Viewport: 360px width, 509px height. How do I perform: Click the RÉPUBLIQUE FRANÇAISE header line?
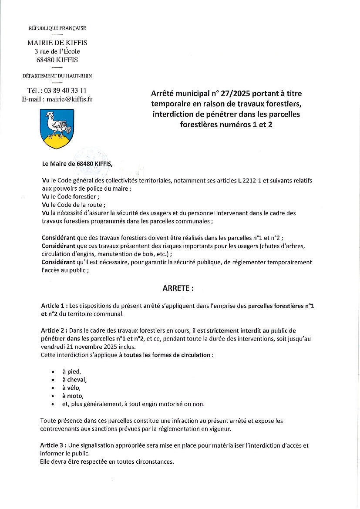pos(57,28)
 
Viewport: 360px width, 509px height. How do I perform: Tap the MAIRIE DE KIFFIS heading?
pos(57,43)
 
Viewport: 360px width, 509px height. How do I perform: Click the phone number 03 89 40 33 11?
pos(64,91)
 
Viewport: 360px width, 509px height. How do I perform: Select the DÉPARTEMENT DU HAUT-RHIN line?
pos(57,76)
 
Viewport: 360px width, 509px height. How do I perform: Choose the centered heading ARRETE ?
pos(178,288)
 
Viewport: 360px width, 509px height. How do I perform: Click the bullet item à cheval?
pos(74,380)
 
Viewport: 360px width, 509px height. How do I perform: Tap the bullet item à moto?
pos(72,396)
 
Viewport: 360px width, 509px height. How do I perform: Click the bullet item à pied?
pos(71,371)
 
